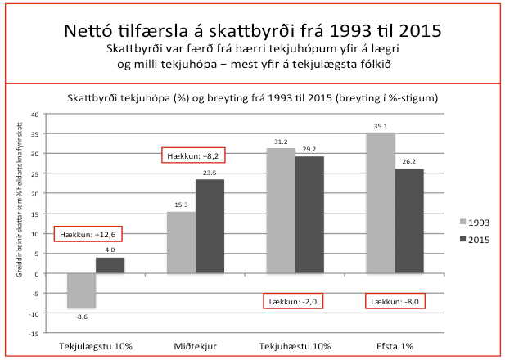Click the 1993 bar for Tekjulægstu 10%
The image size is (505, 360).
81,290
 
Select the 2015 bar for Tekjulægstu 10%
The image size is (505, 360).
110,265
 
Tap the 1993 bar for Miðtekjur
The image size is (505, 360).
181,242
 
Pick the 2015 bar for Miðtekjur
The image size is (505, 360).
210,226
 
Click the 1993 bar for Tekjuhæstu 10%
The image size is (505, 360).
282,210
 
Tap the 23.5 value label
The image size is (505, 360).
210,173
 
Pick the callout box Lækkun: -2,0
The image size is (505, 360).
293,300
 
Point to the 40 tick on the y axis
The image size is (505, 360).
34,114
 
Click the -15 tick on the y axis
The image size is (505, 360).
34,334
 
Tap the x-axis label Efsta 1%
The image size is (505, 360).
395,347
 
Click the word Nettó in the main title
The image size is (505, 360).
92,31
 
